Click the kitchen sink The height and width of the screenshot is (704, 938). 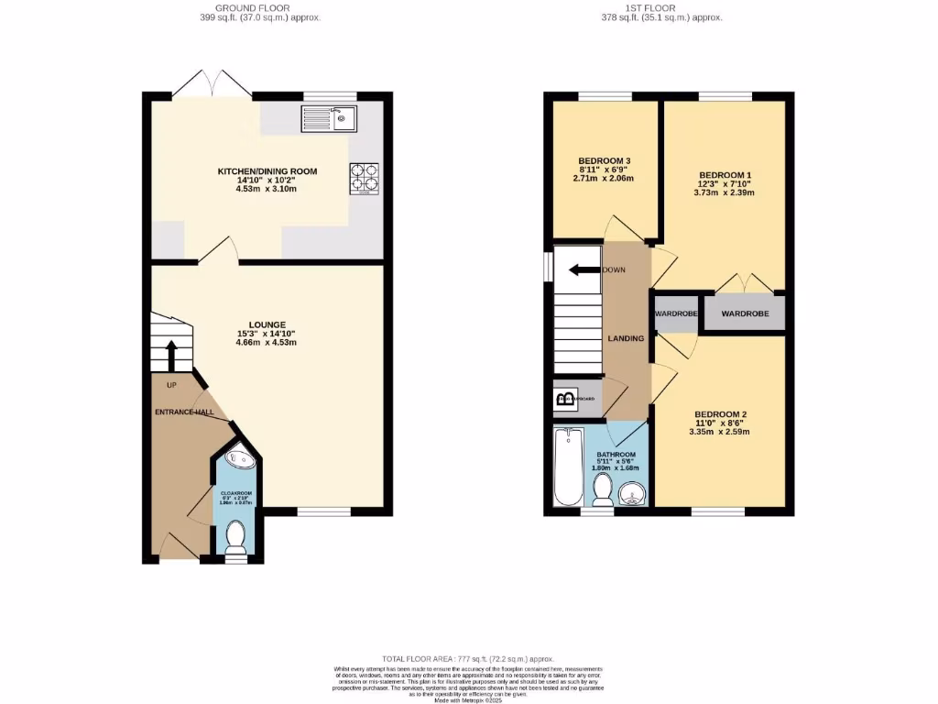pyautogui.click(x=329, y=117)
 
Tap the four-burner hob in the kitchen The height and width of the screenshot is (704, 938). pyautogui.click(x=364, y=178)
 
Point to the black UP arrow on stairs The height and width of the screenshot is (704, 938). pyautogui.click(x=171, y=354)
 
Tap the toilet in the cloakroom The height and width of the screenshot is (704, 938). pyautogui.click(x=236, y=536)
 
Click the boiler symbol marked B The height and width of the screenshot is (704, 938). pyautogui.click(x=565, y=399)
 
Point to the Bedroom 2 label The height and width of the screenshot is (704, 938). pyautogui.click(x=721, y=412)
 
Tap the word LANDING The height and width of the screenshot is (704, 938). pyautogui.click(x=626, y=338)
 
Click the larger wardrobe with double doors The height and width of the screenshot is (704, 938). pyautogui.click(x=744, y=313)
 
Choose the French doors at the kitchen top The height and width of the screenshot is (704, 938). pyautogui.click(x=213, y=86)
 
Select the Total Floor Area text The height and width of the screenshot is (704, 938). pyautogui.click(x=468, y=658)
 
